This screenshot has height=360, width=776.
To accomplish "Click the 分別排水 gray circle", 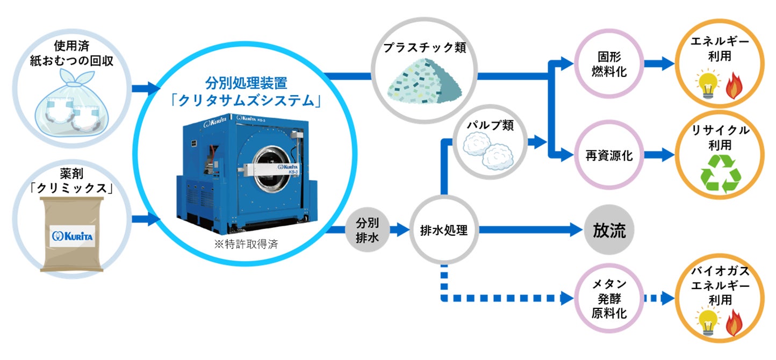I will [368, 231].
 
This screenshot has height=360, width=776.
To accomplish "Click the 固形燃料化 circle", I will [608, 64].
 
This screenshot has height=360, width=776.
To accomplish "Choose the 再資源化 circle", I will [608, 156].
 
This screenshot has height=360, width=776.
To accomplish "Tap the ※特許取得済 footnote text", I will [246, 243].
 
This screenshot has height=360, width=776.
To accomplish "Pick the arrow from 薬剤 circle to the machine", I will [145, 219].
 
